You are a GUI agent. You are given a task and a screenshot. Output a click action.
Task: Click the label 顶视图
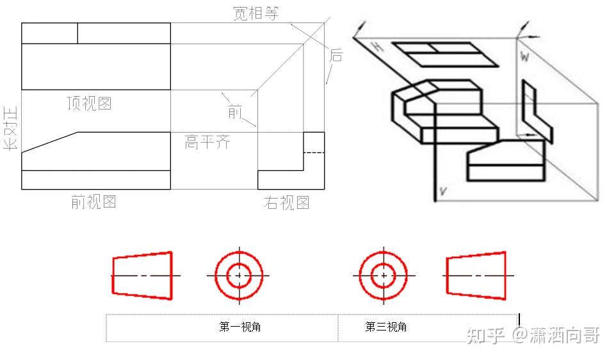pos(89,103)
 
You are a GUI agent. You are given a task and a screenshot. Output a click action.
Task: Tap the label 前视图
pos(93,202)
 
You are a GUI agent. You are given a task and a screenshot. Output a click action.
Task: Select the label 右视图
pos(286,203)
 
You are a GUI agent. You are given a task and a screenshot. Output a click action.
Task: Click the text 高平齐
pos(207,142)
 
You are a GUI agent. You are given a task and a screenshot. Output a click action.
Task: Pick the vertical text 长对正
pos(11,128)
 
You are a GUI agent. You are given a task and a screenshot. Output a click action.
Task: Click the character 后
pos(336,55)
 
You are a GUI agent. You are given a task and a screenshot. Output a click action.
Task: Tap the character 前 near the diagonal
pos(235,112)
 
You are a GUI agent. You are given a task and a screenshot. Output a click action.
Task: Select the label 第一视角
pos(239,327)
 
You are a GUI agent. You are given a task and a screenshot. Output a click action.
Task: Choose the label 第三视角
pos(385,327)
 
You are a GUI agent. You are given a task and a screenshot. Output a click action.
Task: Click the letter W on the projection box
pos(524,58)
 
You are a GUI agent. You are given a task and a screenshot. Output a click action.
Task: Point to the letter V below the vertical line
pos(442,190)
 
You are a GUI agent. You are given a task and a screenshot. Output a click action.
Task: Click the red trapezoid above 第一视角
pos(142,275)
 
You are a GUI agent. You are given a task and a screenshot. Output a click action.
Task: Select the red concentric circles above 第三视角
pos(383,275)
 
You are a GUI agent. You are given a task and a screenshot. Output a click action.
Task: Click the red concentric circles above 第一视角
pos(239,275)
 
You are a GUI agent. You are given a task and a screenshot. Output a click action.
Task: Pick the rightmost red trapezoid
pos(476,275)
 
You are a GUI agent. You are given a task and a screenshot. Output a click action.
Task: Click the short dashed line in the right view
pos(313,152)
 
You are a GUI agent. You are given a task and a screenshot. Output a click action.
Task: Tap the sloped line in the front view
pos(50,142)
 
